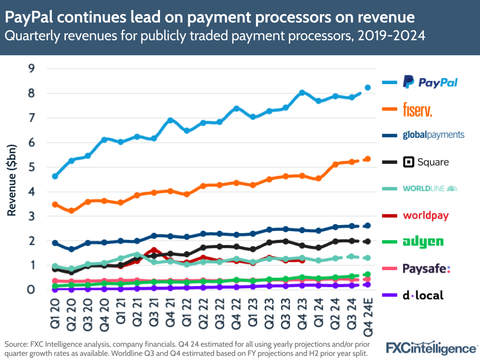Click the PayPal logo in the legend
[430, 82]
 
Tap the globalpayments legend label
[433, 135]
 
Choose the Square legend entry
[426, 162]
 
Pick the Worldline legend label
[430, 188]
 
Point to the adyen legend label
[423, 242]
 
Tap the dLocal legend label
[423, 295]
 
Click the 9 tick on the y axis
[32, 69]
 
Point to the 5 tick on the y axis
[32, 167]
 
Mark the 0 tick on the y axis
[32, 289]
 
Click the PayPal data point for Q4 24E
[368, 87]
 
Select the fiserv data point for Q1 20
[55, 204]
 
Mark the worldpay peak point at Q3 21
[154, 250]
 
